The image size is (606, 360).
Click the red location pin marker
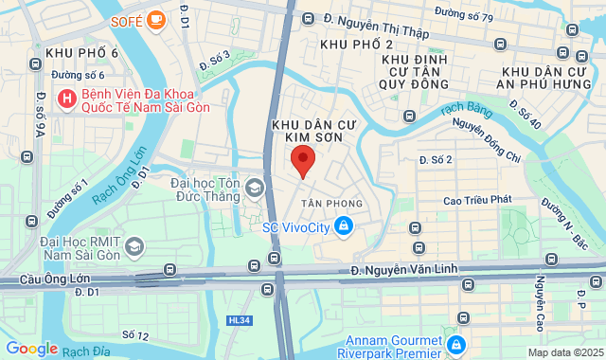point(302,159)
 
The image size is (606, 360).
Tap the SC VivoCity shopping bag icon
point(344,225)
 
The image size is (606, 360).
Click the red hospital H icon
point(67,98)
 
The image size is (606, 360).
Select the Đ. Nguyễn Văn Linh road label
point(404,270)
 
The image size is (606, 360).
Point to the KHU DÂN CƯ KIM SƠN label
point(307,131)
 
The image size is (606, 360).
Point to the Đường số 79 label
point(464,16)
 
